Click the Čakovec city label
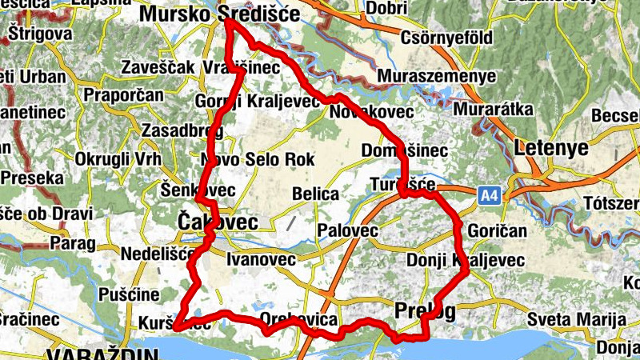click(206, 220)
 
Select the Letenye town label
click(552, 147)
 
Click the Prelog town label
click(425, 309)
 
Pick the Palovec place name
click(347, 231)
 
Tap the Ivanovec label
click(261, 259)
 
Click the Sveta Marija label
click(581, 318)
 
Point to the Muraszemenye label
click(437, 76)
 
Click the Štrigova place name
click(40, 34)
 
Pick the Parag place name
click(73, 242)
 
